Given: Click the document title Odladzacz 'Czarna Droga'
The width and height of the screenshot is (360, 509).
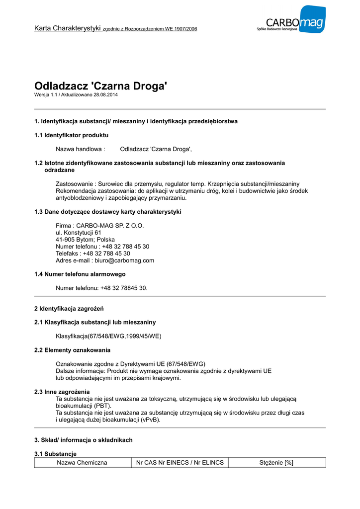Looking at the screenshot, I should (100, 86).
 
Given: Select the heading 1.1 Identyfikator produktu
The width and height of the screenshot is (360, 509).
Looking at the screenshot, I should (71, 135).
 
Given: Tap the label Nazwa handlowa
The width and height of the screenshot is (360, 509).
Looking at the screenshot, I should (80, 149).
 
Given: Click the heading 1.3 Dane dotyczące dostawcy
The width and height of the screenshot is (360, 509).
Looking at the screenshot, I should (107, 212).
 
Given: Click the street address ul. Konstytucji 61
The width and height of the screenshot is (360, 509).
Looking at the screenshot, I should (79, 233).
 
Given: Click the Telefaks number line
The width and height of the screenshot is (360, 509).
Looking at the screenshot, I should (93, 254).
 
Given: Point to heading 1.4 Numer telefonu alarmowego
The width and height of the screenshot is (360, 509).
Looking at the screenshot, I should (80, 274).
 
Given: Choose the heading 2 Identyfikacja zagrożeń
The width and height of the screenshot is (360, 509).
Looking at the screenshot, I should (68, 309).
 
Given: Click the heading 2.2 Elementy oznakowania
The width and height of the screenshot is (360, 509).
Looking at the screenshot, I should (72, 350).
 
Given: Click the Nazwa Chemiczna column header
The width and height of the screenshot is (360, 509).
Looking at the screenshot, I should (82, 463).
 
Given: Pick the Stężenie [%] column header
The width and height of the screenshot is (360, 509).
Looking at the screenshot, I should (276, 463).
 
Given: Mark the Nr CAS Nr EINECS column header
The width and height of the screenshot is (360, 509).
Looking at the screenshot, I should (180, 463).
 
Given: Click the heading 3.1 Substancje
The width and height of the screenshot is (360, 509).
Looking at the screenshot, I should (55, 454).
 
